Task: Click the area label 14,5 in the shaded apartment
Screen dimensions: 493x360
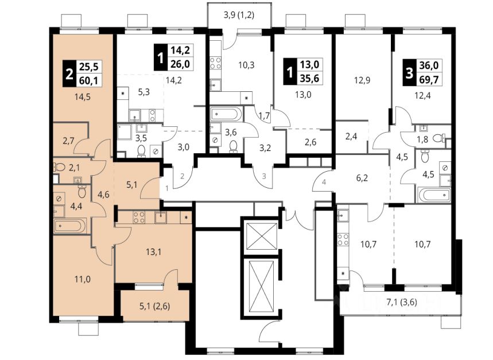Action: (83, 97)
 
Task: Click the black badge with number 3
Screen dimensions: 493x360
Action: (409, 72)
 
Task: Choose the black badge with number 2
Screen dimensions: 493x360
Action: (69, 74)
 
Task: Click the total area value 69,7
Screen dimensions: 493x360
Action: (429, 79)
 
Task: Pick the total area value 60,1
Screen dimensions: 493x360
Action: (89, 80)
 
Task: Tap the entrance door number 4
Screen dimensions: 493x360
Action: (324, 182)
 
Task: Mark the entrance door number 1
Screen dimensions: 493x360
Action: (167, 188)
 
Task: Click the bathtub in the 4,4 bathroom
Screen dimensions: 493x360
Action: (70, 226)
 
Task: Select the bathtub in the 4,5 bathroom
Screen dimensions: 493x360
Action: (434, 195)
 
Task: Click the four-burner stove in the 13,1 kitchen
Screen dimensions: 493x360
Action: (139, 216)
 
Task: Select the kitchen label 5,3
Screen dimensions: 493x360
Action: (143, 92)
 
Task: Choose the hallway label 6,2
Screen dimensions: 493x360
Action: (362, 178)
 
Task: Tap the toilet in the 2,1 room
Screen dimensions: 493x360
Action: (60, 167)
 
